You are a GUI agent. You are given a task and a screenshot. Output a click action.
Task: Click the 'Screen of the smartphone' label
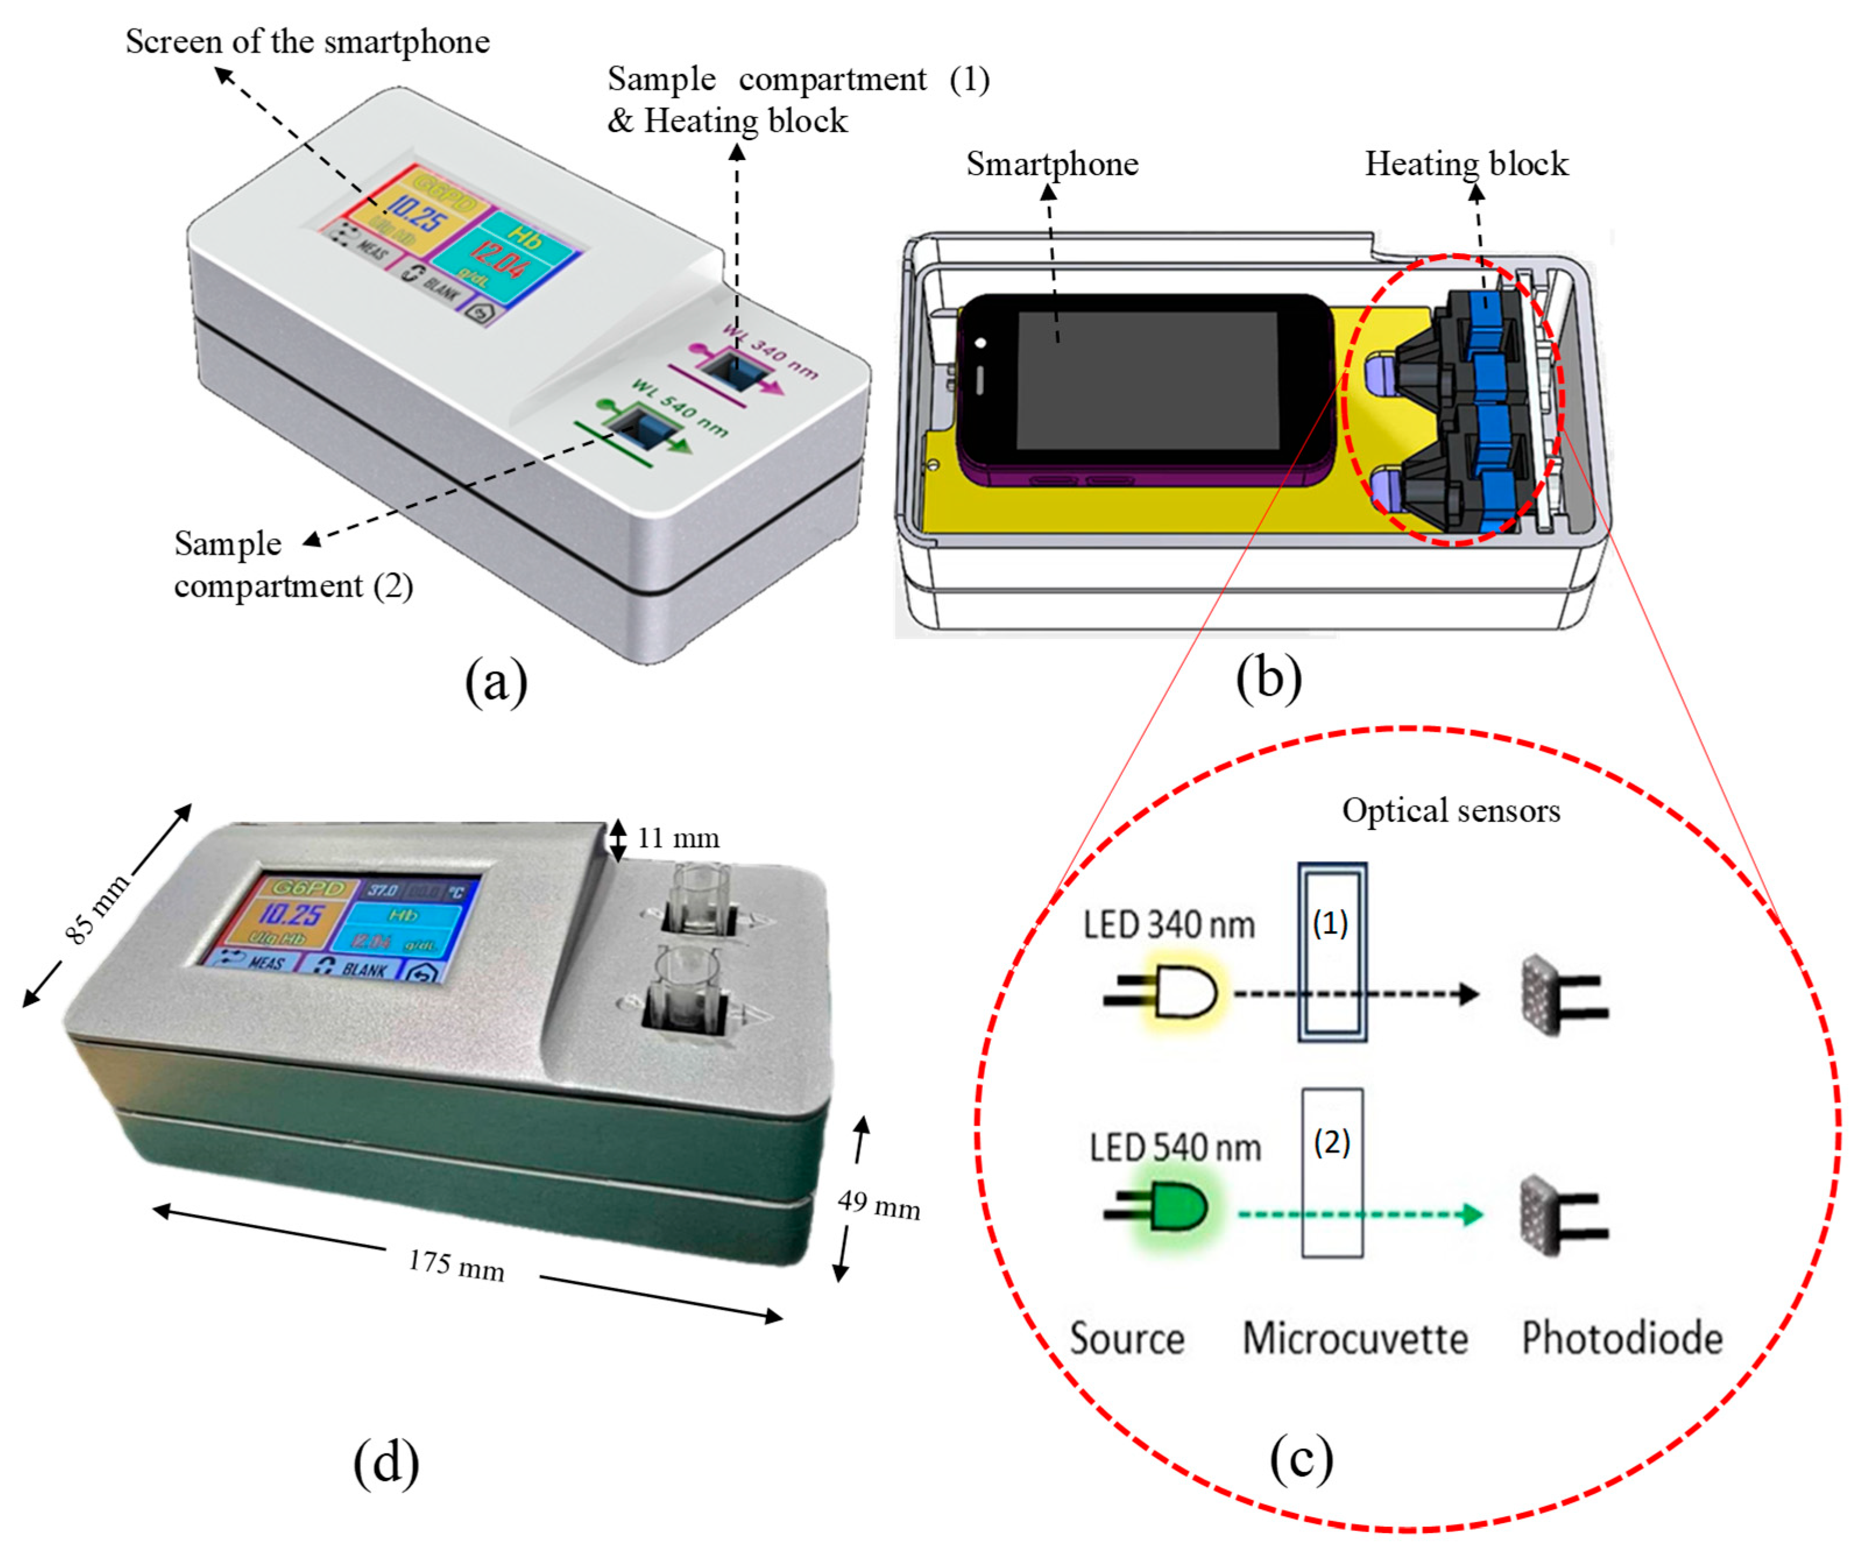[x=307, y=42]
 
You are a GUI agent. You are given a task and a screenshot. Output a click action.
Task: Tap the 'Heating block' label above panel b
[x=1466, y=164]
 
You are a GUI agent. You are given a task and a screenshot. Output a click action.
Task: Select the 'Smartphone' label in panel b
[x=1052, y=164]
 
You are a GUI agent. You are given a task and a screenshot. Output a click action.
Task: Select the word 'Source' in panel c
[x=1126, y=1338]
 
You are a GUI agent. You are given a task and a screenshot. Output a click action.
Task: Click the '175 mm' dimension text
[x=456, y=1265]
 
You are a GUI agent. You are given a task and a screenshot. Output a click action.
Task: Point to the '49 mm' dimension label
[x=878, y=1205]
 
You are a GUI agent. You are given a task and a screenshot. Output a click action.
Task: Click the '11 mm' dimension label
[x=678, y=838]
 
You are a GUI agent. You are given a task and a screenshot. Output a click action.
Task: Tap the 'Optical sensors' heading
[x=1451, y=810]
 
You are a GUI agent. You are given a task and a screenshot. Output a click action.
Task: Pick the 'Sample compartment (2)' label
[x=292, y=564]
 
